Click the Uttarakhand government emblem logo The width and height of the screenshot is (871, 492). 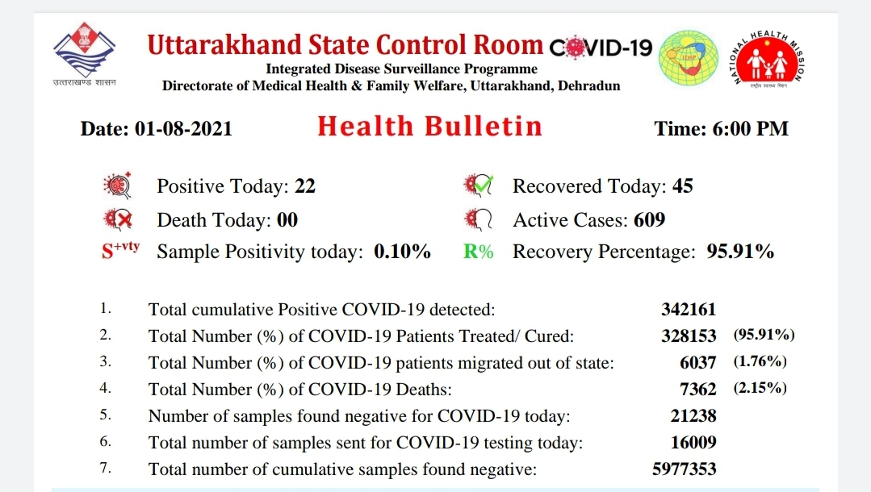[x=85, y=53]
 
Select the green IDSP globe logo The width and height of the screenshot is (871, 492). [x=689, y=58]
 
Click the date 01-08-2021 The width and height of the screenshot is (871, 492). [x=183, y=129]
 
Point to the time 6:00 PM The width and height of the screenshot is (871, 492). [x=750, y=129]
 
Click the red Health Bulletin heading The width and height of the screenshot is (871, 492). [x=429, y=126]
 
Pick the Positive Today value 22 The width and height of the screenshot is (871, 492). [x=305, y=186]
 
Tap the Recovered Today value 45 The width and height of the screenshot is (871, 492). [x=683, y=186]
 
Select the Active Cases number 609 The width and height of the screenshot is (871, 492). [x=649, y=220]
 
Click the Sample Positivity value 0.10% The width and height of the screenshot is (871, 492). [x=402, y=252]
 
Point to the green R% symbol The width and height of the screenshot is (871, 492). [x=478, y=252]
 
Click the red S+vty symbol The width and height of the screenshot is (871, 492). [x=120, y=251]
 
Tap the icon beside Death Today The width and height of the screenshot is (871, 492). [x=119, y=220]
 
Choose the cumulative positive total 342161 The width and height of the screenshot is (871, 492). [x=689, y=309]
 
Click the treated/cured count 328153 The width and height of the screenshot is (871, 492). [x=689, y=336]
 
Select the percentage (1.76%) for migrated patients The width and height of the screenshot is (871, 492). [x=760, y=361]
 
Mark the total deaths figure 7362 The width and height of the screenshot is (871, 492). [x=697, y=389]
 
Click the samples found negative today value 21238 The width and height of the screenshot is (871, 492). [x=693, y=415]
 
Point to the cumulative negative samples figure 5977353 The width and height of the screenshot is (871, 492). [x=685, y=469]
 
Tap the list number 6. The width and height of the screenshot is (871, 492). [x=106, y=441]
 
